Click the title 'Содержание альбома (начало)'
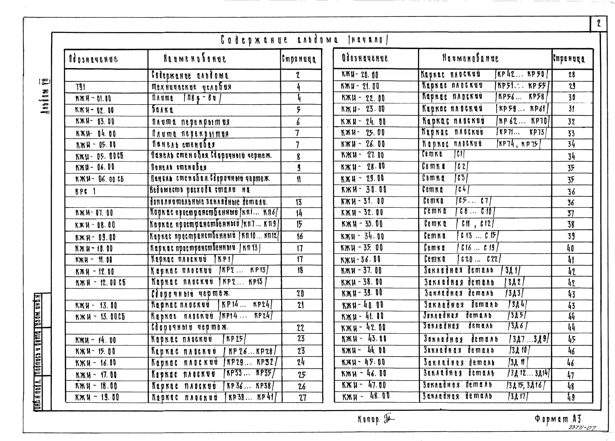click(304, 40)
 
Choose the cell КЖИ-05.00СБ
click(99, 156)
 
